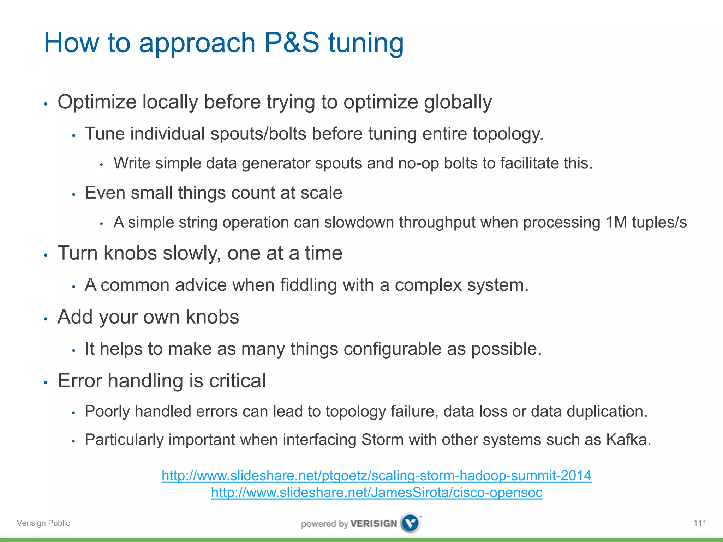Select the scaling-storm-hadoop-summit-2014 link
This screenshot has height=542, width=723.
point(376,476)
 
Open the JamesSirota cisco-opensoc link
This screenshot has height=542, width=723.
point(376,493)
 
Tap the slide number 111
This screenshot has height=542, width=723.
point(700,523)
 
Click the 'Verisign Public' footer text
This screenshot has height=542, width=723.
point(43,523)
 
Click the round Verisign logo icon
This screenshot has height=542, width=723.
point(411,523)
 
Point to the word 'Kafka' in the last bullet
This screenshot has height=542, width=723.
point(628,440)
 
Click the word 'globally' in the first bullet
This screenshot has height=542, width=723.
point(458,102)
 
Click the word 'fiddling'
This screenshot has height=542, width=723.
point(309,285)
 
